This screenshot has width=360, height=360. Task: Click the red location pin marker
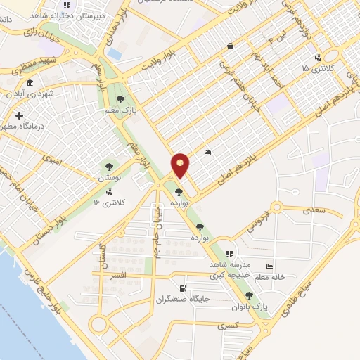181,165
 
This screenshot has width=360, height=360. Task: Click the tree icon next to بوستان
108,167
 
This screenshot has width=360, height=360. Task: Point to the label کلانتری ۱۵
314,68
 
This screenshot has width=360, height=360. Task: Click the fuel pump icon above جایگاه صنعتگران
184,288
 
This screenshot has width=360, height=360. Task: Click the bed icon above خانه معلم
271,266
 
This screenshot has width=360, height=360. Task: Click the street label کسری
226,326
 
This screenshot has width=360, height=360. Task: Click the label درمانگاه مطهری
28,125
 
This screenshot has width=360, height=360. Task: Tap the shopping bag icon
230,46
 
